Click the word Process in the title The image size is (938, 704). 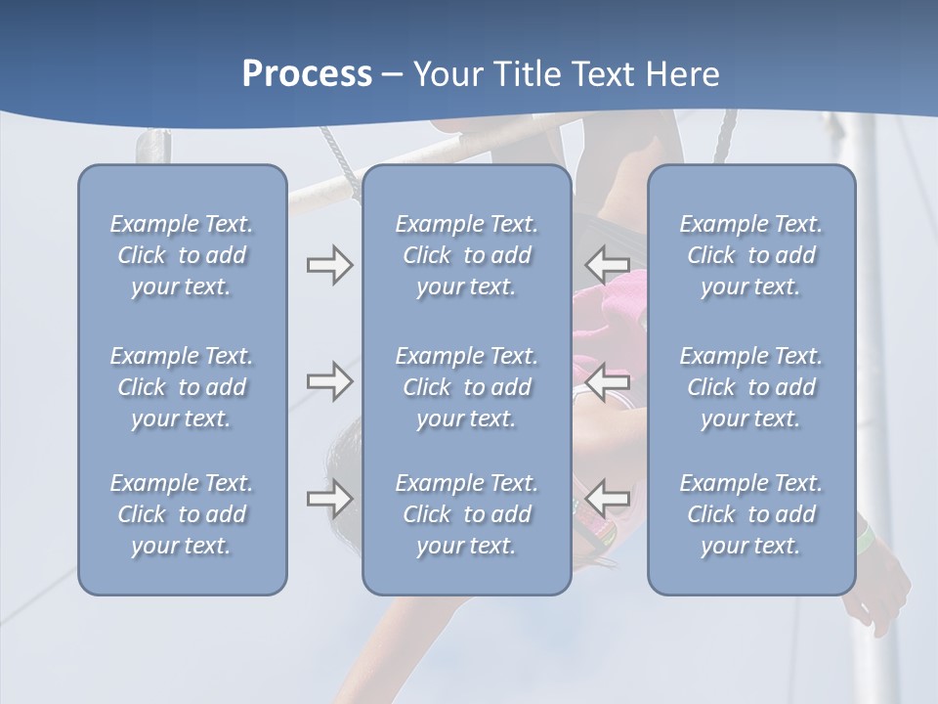307,74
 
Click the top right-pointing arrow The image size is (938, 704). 329,265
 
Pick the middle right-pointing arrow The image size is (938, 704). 329,381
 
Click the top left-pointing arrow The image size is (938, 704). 608,265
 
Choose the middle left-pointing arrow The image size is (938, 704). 608,381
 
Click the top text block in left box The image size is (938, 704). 182,255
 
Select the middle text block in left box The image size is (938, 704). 182,387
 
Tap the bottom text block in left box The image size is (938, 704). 182,514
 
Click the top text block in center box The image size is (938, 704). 466,255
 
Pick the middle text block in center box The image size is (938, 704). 466,387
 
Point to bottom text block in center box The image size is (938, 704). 466,514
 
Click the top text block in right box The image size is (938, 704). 751,255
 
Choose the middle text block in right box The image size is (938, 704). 751,387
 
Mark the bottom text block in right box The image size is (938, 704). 751,514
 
